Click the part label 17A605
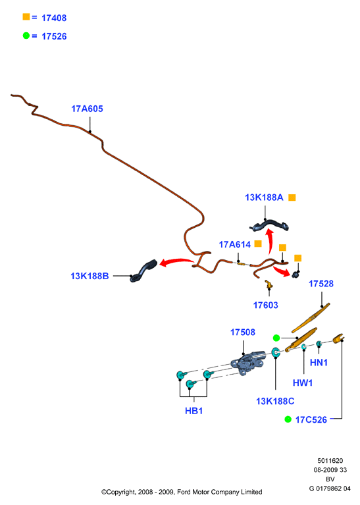pyautogui.click(x=87, y=109)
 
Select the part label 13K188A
pyautogui.click(x=264, y=198)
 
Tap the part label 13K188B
pyautogui.click(x=90, y=276)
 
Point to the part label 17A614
pyautogui.click(x=235, y=244)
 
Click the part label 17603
pyautogui.click(x=266, y=305)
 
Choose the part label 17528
pyautogui.click(x=321, y=284)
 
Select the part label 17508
pyautogui.click(x=243, y=332)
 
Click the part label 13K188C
pyautogui.click(x=275, y=401)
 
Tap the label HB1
pyautogui.click(x=194, y=411)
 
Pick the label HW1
pyautogui.click(x=303, y=383)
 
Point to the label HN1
pyautogui.click(x=319, y=363)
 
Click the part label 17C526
pyautogui.click(x=311, y=419)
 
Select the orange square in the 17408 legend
pyautogui.click(x=26, y=16)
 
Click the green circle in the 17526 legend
pyautogui.click(x=26, y=36)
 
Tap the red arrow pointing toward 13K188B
pyautogui.click(x=176, y=261)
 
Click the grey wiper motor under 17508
pyautogui.click(x=249, y=362)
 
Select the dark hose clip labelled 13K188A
pyautogui.click(x=270, y=225)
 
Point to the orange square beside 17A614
pyautogui.click(x=258, y=244)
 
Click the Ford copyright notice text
pyautogui.click(x=182, y=492)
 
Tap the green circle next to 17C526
pyautogui.click(x=288, y=419)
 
